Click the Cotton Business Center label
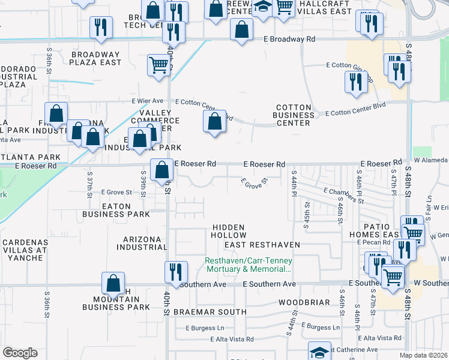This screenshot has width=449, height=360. point(294,115)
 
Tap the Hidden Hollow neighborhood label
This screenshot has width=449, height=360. point(228,232)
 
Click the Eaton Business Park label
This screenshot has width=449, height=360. point(116,210)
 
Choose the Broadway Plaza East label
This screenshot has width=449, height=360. point(96,58)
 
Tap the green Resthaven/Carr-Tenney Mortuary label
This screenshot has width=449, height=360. point(249,265)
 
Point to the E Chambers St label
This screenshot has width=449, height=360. point(343,195)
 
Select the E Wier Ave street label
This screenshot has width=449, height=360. point(148,101)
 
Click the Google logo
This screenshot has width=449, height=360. point(20,353)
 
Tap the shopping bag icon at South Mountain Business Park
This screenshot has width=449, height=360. point(113,284)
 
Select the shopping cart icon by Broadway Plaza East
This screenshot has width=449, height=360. point(158,64)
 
